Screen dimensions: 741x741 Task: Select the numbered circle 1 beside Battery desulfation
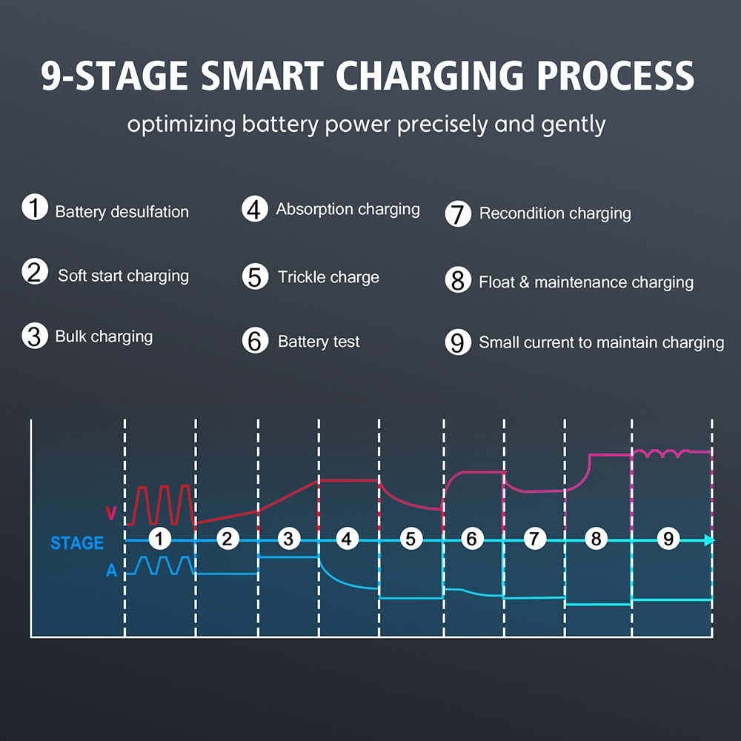tap(35, 207)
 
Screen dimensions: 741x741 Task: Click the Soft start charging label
tap(123, 276)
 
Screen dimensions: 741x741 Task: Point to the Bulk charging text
tap(104, 337)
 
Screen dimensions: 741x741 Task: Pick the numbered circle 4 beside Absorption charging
tap(255, 209)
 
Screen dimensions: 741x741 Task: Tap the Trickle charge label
tap(328, 277)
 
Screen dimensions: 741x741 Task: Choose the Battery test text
tap(319, 341)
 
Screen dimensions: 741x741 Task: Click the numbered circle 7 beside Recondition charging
tap(458, 213)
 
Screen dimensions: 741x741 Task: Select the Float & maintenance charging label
tap(586, 282)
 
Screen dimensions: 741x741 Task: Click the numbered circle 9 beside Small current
tap(458, 342)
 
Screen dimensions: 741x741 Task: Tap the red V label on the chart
tap(111, 514)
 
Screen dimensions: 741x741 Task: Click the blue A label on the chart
tap(112, 571)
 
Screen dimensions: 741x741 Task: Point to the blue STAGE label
tap(77, 543)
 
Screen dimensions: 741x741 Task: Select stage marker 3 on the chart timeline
tap(289, 539)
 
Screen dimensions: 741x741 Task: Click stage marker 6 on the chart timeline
tap(471, 539)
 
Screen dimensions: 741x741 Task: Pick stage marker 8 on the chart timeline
tap(596, 539)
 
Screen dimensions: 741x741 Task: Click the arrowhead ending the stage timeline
tap(710, 540)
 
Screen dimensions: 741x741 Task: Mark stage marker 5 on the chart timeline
tap(411, 539)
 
